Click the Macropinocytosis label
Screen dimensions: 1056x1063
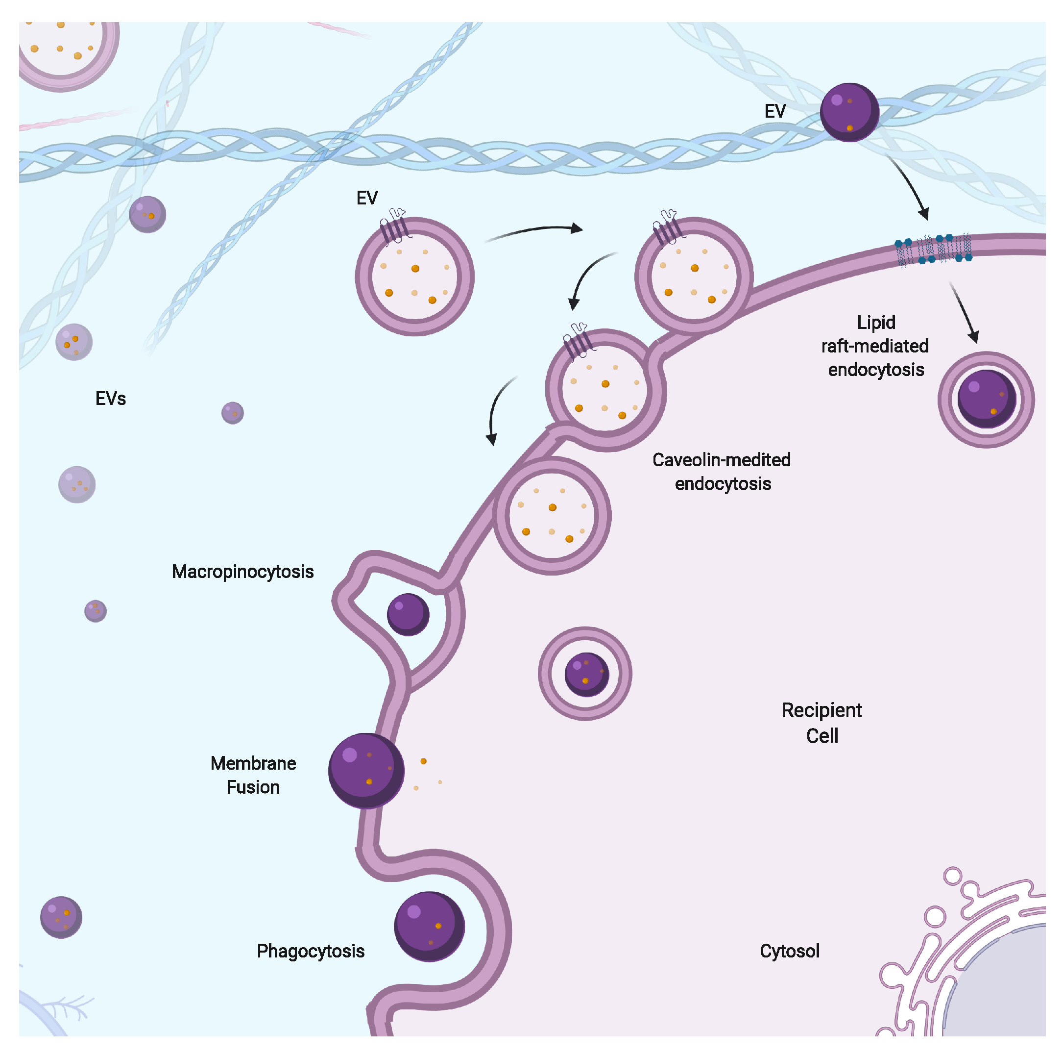pos(242,572)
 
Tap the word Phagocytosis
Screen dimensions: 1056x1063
pos(310,951)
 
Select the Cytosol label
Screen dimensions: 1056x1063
pos(789,951)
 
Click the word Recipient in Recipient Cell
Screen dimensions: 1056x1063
pos(821,710)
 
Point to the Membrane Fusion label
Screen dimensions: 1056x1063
pos(253,775)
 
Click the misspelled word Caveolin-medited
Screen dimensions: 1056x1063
pos(721,460)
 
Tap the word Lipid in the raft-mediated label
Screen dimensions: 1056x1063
pos(876,322)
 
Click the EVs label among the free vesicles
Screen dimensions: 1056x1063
pos(111,398)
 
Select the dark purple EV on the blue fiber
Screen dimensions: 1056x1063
pos(849,112)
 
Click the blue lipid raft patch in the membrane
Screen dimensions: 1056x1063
pos(933,249)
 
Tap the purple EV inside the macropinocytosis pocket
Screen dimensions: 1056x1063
pos(408,614)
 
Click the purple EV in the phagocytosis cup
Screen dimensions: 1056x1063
pos(429,927)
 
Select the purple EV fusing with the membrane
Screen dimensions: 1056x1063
pos(366,770)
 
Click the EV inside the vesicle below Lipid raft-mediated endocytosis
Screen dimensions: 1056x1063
pos(986,399)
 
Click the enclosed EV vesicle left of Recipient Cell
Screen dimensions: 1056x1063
pos(585,673)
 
